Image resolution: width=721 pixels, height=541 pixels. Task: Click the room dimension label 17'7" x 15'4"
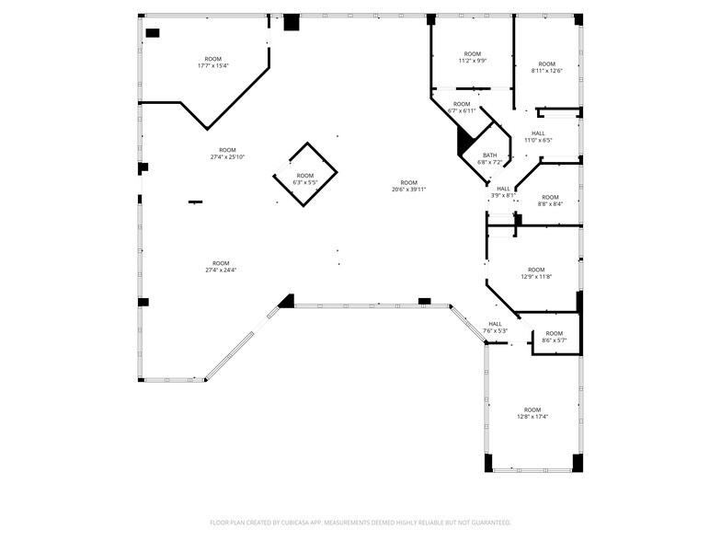point(212,63)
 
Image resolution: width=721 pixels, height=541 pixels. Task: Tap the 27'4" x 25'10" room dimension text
point(226,154)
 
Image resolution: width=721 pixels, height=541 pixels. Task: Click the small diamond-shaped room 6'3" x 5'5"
point(304,178)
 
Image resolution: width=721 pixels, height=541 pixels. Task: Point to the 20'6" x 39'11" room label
point(408,186)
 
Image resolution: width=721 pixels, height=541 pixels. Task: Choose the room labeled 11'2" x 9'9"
point(472,57)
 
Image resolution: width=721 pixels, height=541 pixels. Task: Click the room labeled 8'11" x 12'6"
point(546,67)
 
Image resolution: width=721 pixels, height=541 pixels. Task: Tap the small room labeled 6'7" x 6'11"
point(461,107)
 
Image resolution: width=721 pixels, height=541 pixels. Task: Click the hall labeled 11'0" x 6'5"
point(537,137)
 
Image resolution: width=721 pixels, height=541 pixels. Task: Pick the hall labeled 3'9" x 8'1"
point(503,191)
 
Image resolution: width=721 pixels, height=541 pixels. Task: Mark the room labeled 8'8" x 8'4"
point(550,201)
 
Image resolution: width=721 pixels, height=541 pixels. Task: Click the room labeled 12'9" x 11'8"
point(535,273)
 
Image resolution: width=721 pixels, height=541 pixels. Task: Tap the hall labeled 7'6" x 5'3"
point(495,327)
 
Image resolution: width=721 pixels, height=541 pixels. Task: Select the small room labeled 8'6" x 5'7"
point(554,337)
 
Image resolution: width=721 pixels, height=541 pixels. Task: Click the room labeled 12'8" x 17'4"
point(532,413)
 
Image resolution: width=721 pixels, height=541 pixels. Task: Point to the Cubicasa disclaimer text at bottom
point(360,522)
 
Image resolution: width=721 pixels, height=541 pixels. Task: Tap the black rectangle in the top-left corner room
point(153,33)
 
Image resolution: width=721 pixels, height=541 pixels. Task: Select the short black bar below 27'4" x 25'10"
point(195,201)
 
